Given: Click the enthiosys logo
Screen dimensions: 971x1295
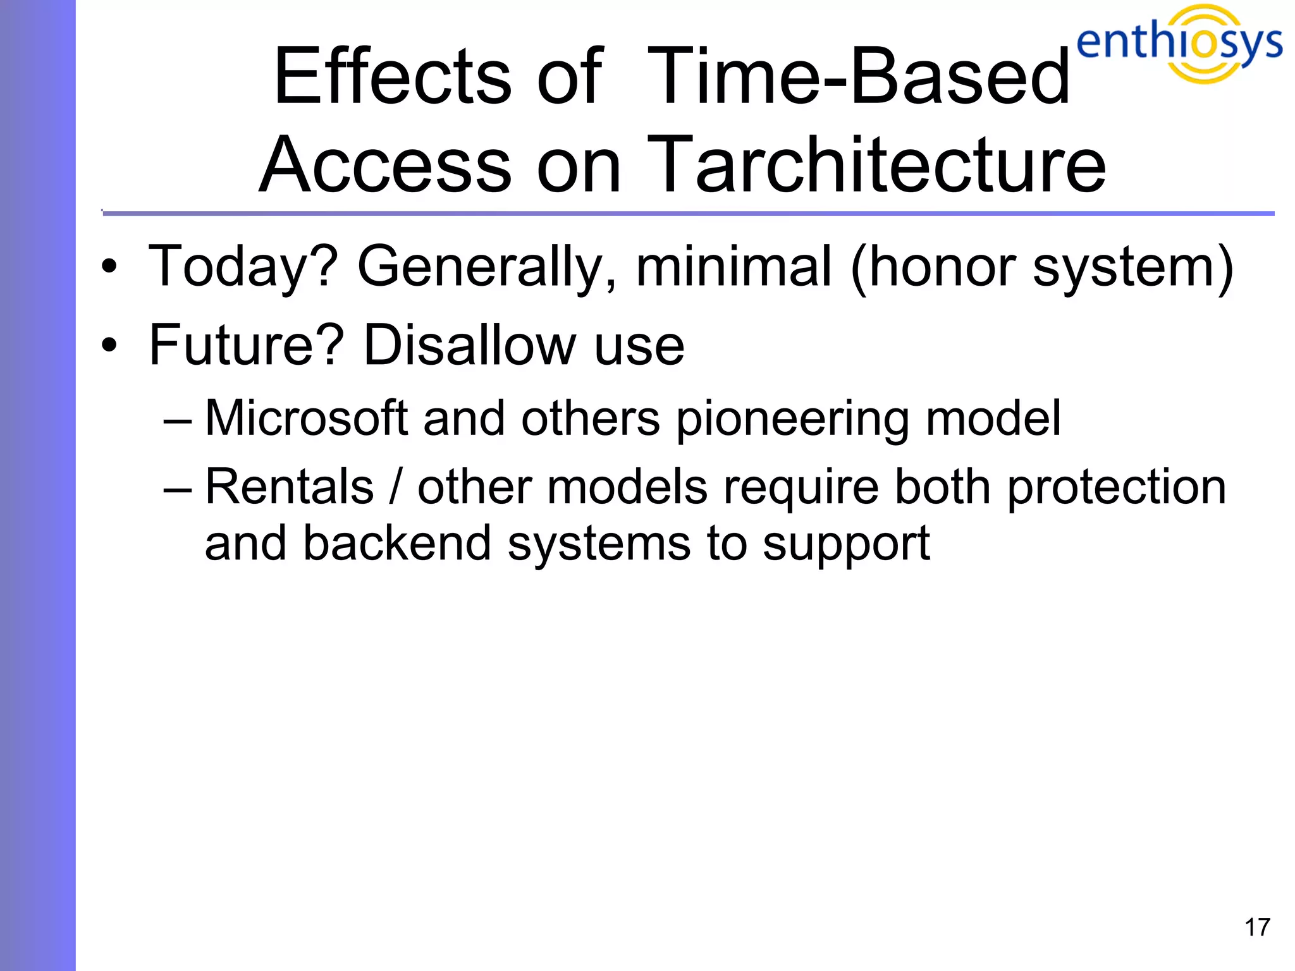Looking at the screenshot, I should click(1179, 43).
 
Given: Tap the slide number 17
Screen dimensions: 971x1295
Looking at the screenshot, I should click(1256, 927).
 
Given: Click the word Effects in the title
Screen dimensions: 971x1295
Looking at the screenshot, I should click(392, 77).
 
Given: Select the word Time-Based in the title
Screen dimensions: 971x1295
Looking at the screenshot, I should click(858, 77).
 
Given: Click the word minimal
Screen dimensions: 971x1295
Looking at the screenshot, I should click(733, 266).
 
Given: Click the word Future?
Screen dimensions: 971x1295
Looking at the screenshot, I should click(246, 345).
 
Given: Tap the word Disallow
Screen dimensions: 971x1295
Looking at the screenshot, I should click(469, 345).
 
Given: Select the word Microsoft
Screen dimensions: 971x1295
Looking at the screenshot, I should click(306, 418).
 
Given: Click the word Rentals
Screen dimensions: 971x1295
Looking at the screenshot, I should click(290, 487).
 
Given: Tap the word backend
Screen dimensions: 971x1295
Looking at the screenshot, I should click(396, 544).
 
